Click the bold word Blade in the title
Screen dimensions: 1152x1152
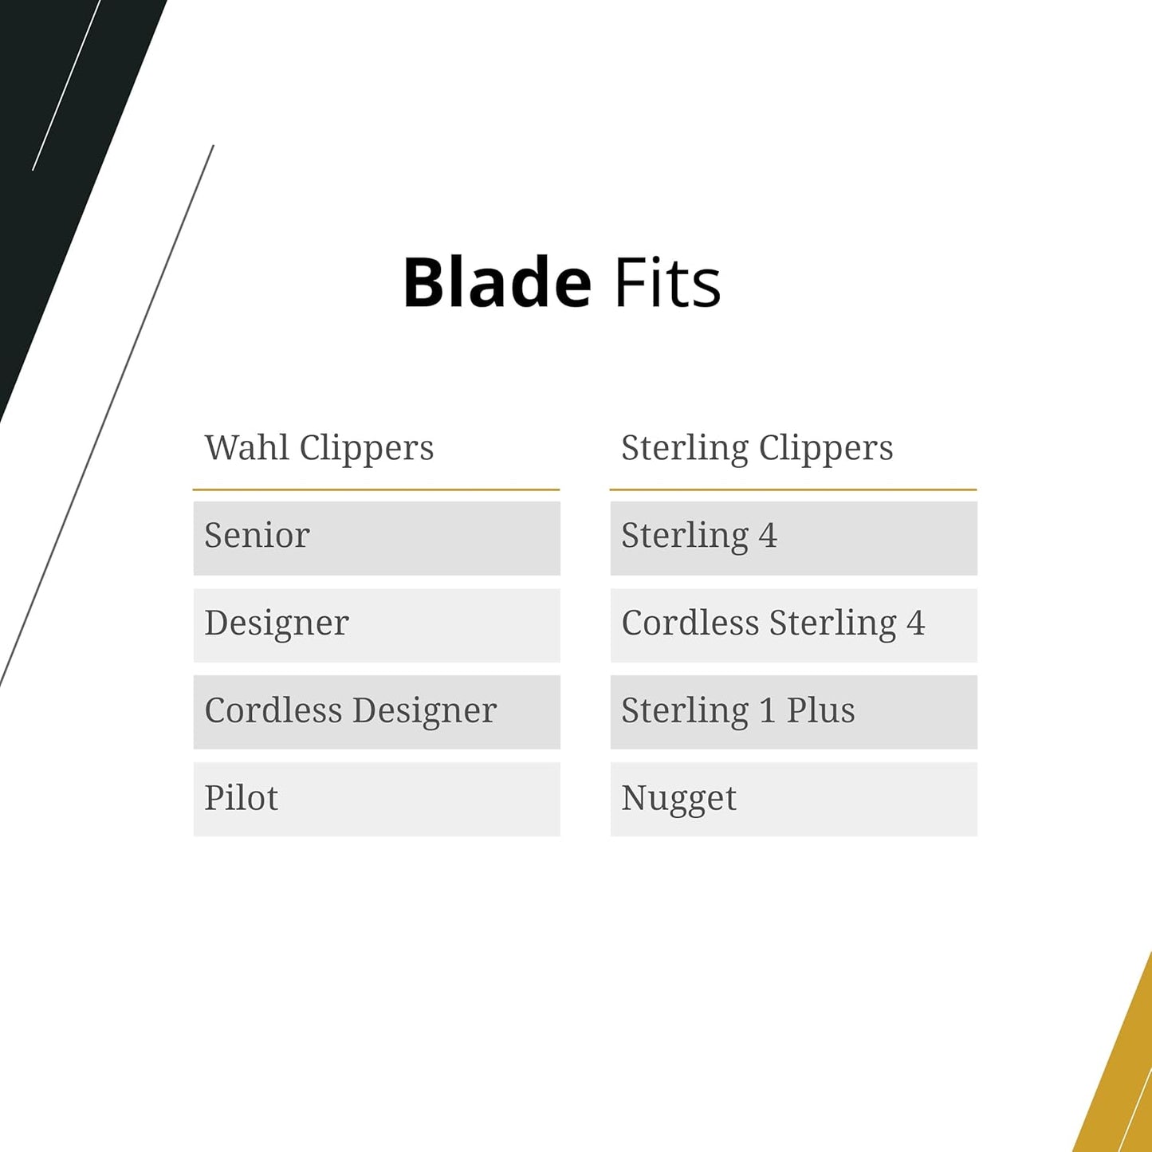pos(497,281)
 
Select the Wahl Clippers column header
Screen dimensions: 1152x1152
pos(319,448)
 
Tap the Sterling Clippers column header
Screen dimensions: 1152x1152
pos(757,448)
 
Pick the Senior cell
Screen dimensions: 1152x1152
pos(376,538)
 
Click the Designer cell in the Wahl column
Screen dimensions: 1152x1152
pos(376,625)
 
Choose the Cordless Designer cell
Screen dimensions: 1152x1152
pos(376,712)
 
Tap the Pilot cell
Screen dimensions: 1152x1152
pos(376,800)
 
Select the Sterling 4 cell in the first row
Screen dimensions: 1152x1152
pos(793,538)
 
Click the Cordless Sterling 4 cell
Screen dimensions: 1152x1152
pos(793,625)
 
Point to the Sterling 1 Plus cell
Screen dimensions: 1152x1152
pos(793,712)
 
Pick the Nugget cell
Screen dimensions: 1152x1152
pos(793,800)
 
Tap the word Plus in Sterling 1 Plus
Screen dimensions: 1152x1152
pos(820,710)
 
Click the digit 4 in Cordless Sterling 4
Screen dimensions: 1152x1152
pos(916,623)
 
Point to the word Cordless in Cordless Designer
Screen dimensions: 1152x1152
pos(273,710)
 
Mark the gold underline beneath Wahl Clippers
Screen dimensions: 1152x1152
pos(376,490)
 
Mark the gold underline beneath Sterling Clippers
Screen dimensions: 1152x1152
pos(793,490)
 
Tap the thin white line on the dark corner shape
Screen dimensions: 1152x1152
pos(65,85)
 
